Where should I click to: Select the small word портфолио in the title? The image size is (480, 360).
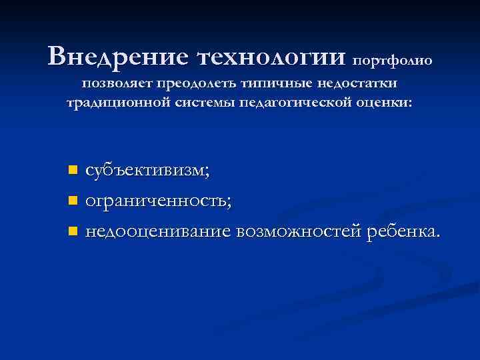[392, 61]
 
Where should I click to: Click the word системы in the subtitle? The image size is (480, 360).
[201, 103]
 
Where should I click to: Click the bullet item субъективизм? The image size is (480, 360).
[147, 171]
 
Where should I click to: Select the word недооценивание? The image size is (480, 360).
[157, 232]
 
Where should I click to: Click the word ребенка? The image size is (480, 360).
[403, 231]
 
